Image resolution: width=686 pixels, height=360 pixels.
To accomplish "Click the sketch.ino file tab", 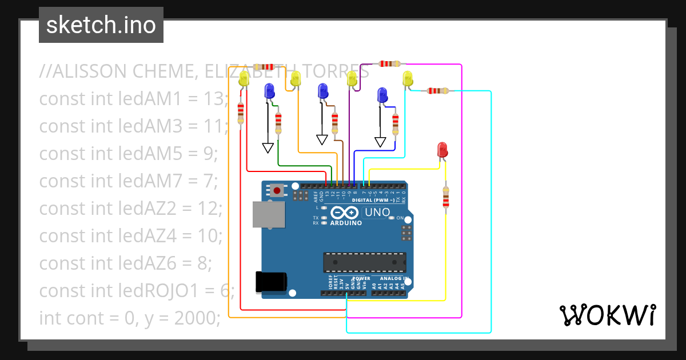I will tap(101, 25).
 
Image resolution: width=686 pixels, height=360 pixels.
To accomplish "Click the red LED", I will tap(442, 150).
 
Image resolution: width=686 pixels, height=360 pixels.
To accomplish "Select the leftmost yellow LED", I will tap(244, 79).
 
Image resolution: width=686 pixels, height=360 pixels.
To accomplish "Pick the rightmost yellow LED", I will tap(408, 79).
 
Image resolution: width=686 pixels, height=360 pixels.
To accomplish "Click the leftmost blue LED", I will tap(269, 91).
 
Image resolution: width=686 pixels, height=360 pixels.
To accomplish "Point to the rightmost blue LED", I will tap(382, 95).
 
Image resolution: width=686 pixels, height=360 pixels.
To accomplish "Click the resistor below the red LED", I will tap(445, 197).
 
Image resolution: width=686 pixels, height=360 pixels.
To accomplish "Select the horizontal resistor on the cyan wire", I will tap(438, 90).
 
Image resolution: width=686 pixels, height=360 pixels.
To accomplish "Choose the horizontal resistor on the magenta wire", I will tap(389, 64).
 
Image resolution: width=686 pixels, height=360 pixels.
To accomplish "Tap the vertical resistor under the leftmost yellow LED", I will tap(241, 113).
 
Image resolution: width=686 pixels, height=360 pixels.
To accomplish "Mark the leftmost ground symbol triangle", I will tap(268, 148).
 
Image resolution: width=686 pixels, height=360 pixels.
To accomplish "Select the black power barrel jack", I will tap(271, 283).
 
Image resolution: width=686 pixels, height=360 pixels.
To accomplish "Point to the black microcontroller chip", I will tap(364, 262).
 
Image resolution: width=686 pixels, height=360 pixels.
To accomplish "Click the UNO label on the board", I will tap(377, 213).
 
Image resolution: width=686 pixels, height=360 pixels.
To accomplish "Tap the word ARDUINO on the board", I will tap(346, 223).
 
